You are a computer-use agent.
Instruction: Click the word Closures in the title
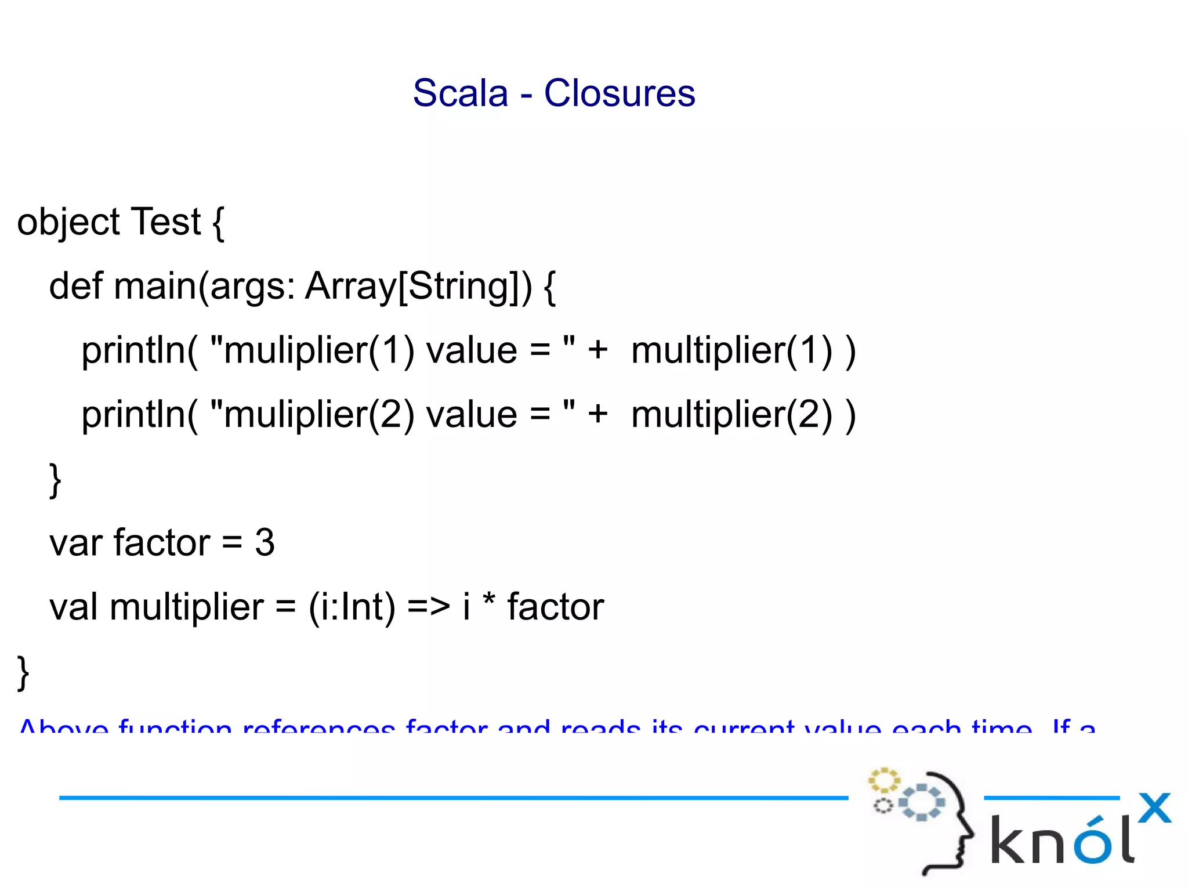pyautogui.click(x=619, y=93)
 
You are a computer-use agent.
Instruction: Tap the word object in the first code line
pyautogui.click(x=68, y=222)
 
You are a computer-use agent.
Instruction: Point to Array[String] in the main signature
pyautogui.click(x=418, y=286)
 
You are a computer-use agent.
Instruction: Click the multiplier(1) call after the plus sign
pyautogui.click(x=731, y=350)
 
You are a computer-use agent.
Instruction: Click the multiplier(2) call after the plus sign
pyautogui.click(x=731, y=415)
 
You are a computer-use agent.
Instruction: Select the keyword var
pyautogui.click(x=75, y=543)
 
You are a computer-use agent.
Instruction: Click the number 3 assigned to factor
pyautogui.click(x=265, y=543)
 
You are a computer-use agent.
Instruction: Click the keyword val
pyautogui.click(x=73, y=607)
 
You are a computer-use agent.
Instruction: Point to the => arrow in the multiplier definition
pyautogui.click(x=428, y=607)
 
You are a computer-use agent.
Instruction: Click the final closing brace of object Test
pyautogui.click(x=23, y=672)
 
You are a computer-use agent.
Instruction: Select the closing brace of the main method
pyautogui.click(x=55, y=480)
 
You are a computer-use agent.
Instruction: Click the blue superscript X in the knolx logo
pyautogui.click(x=1154, y=807)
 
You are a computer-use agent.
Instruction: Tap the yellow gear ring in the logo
pyautogui.click(x=883, y=781)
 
